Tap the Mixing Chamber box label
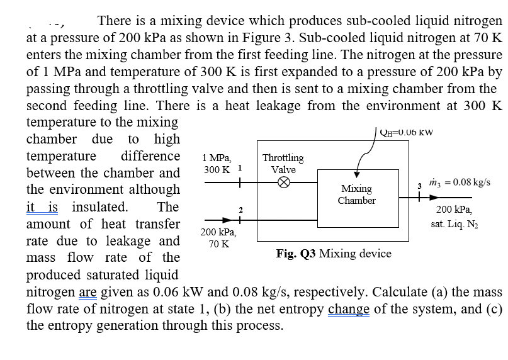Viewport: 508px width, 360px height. (x=356, y=194)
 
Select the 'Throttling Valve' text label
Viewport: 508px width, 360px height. (x=283, y=164)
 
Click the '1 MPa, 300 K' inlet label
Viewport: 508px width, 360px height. (x=218, y=164)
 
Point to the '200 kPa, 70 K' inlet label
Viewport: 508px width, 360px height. (x=216, y=239)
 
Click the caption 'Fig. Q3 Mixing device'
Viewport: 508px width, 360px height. (x=334, y=254)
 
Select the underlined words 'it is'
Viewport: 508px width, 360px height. (x=45, y=207)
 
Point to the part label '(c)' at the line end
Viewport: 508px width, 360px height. (x=492, y=309)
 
